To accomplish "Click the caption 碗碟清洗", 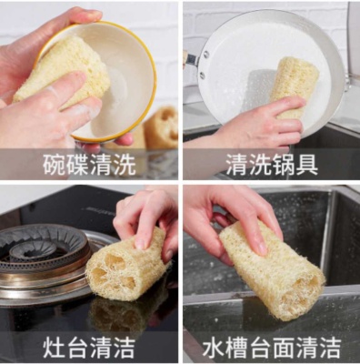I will click(x=89, y=164).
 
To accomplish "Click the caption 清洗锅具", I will click(x=272, y=164).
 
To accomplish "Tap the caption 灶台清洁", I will click(x=89, y=347).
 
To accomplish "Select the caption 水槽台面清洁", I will click(x=272, y=347).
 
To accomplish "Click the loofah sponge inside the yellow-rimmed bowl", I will click(x=64, y=68).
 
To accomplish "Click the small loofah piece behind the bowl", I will click(x=162, y=127).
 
